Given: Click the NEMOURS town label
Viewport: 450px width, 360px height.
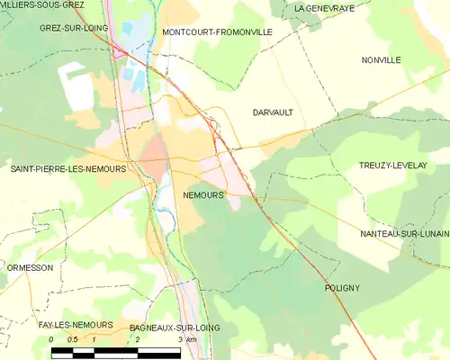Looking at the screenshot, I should click(202, 194).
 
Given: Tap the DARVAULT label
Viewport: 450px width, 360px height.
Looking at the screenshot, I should click(274, 112).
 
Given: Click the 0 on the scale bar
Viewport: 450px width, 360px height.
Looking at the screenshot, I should click(51, 339).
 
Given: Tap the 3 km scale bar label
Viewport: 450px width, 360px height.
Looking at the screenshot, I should click(187, 340).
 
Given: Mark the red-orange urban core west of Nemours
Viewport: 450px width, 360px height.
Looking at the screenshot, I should click(154, 151).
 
